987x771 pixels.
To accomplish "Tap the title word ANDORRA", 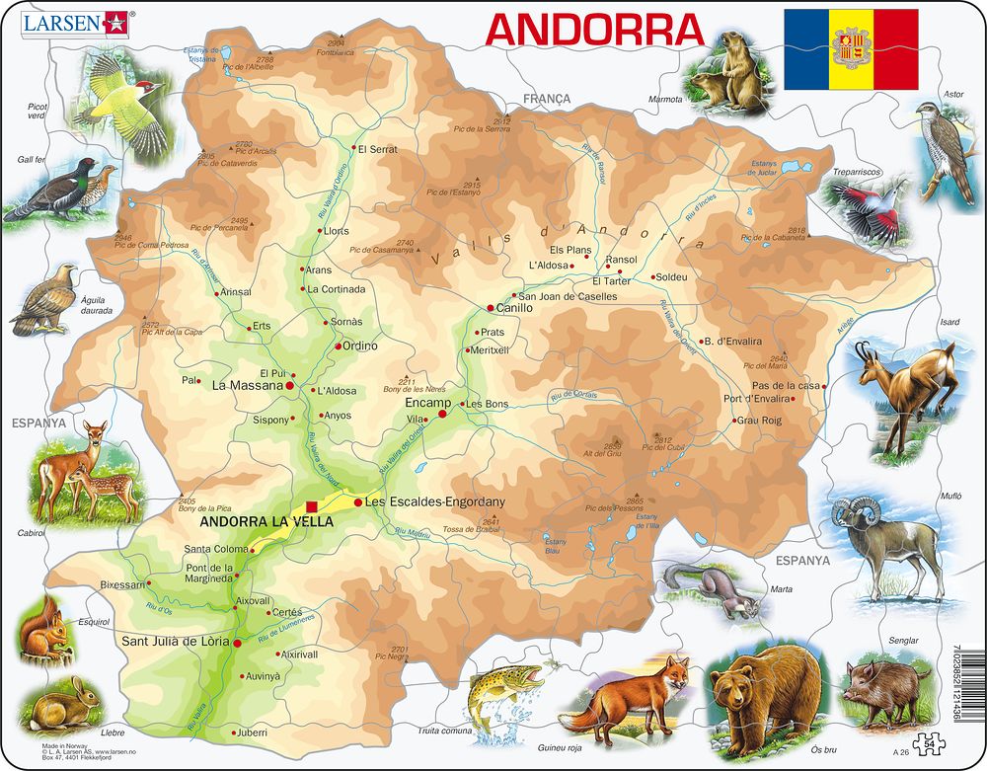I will pos(594,30).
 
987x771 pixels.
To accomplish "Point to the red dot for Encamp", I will pos(442,414).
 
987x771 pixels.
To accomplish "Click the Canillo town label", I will pos(514,308).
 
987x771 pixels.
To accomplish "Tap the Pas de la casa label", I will pos(786,385).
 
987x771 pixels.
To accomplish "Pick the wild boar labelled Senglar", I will pos(886,683).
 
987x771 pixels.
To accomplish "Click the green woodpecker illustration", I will pos(126,111).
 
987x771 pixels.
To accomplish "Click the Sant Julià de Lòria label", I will pos(176,642).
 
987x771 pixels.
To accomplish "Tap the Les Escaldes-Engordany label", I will pos(434,502).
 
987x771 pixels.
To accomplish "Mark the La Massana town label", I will pos(247,386).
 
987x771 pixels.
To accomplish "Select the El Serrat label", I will pos(378,150).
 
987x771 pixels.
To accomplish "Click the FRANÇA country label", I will pos(547,99).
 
